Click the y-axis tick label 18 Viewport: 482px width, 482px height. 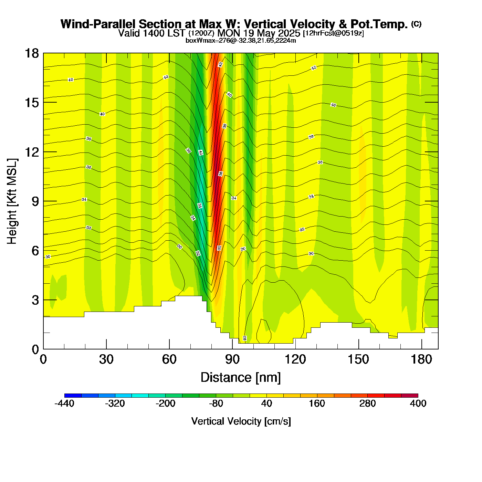(31, 53)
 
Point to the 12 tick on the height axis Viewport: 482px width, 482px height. (31, 152)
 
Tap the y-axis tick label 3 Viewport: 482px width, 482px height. (35, 300)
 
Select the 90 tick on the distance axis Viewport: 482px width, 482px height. (232, 359)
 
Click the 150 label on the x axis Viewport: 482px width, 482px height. (358, 359)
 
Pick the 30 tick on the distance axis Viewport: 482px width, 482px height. (106, 359)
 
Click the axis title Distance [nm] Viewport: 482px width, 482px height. (241, 378)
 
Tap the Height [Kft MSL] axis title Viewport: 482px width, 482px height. (12, 201)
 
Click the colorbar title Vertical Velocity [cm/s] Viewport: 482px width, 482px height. (241, 421)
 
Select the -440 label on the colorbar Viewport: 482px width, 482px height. (64, 404)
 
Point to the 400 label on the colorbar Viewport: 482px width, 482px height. (418, 404)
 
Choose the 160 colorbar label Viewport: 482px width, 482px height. (317, 404)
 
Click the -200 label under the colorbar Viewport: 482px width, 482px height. (165, 404)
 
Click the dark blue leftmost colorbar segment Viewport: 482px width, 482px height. (73, 396)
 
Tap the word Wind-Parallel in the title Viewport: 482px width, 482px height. (98, 24)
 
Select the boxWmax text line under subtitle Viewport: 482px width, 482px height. (241, 40)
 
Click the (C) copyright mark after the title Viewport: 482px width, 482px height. (416, 24)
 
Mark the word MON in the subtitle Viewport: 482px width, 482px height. (229, 33)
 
